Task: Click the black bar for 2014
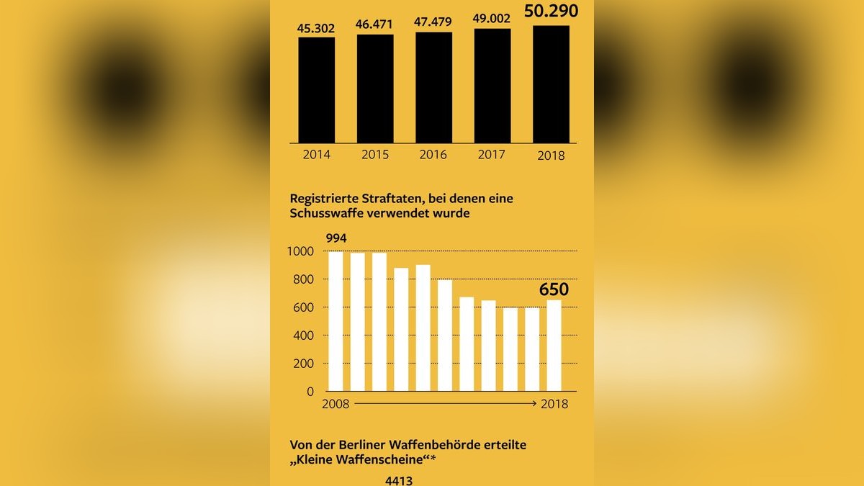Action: [x=317, y=89]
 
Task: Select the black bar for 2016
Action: [x=433, y=87]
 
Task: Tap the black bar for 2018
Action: [x=551, y=84]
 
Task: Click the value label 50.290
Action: [x=550, y=11]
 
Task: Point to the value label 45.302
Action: [x=317, y=28]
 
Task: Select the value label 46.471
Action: [x=375, y=24]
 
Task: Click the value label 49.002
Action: [x=492, y=20]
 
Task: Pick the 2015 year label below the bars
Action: [x=375, y=155]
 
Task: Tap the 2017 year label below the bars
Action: [x=492, y=155]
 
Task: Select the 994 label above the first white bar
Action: [x=336, y=238]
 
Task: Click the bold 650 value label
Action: [x=554, y=290]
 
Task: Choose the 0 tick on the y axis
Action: [x=310, y=392]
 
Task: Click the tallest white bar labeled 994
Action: [x=336, y=321]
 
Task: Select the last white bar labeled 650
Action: [x=554, y=346]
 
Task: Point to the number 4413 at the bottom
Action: [x=399, y=480]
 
